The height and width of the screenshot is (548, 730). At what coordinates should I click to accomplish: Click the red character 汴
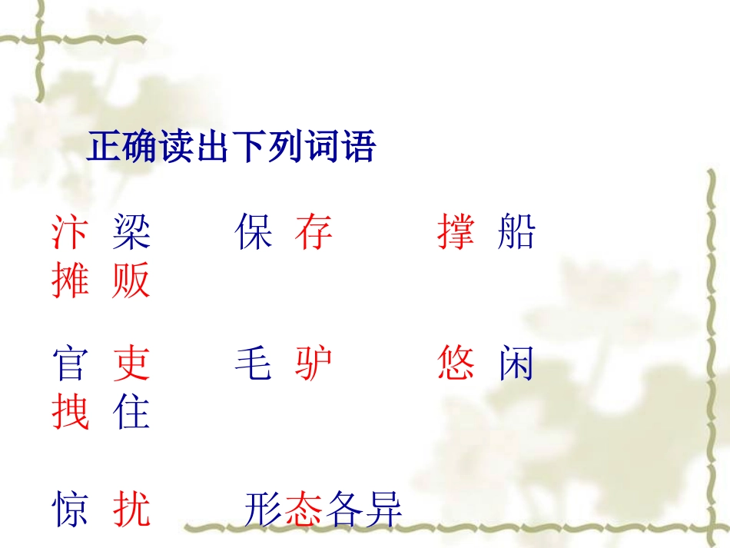(70, 232)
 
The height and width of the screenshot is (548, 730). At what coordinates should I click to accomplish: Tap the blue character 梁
(131, 232)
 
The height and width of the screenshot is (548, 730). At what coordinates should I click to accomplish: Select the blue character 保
(254, 232)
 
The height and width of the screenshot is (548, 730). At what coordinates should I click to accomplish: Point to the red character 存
(314, 232)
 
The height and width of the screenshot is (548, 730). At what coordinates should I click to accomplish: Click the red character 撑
(456, 232)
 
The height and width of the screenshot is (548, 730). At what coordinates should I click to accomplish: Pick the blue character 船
(516, 232)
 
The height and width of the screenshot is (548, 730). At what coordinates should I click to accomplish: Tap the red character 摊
(70, 281)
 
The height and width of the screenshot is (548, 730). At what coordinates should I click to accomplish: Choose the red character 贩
(131, 281)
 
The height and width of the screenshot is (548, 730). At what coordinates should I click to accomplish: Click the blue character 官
(70, 364)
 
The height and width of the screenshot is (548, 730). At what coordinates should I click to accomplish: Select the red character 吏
(131, 364)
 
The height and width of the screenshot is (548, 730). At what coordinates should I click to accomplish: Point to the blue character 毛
(254, 364)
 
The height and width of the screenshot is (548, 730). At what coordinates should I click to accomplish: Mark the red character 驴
(314, 364)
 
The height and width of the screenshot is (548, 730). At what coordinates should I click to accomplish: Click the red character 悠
(456, 364)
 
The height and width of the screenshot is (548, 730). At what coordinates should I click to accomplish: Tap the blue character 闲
(516, 364)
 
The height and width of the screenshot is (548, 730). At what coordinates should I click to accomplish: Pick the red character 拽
(70, 412)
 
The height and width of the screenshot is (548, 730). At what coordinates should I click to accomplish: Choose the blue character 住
(131, 412)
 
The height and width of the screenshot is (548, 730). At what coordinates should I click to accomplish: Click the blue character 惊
(70, 509)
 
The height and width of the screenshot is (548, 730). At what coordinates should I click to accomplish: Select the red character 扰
(131, 509)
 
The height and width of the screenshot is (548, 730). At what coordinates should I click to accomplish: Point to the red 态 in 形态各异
(304, 509)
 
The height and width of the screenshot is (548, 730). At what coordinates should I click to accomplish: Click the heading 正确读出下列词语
(231, 146)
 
